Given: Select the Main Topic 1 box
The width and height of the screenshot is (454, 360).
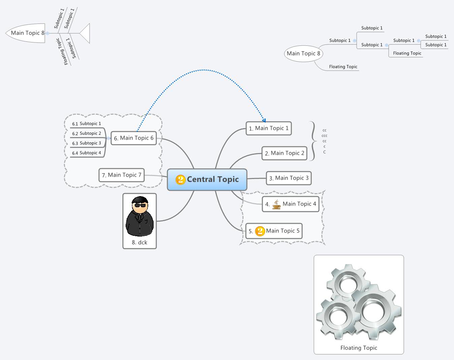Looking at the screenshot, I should click(x=269, y=128).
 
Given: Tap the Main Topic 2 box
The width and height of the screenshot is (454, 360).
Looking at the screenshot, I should click(x=285, y=153).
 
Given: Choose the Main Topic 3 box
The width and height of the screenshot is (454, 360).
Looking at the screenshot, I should click(x=289, y=178).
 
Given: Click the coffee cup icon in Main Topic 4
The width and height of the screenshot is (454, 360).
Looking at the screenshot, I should click(x=276, y=204).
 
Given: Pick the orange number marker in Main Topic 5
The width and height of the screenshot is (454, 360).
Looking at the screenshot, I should click(x=260, y=231).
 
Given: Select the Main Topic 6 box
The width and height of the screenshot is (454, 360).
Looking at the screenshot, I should click(x=134, y=138).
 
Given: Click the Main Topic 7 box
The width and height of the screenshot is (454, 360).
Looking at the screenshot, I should click(x=122, y=175).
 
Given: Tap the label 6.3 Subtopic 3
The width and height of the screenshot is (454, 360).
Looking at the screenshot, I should click(x=87, y=143).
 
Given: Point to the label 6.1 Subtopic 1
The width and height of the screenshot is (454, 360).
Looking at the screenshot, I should click(x=87, y=123).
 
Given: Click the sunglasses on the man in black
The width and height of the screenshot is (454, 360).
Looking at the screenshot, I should click(x=140, y=205).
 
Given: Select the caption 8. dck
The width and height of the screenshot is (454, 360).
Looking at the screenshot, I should click(x=139, y=242).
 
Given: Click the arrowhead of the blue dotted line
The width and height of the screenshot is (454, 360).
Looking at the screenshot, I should click(x=264, y=120).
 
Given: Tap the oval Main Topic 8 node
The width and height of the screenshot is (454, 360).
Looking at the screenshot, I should click(x=303, y=53).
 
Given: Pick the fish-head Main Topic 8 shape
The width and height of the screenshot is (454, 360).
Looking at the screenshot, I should click(x=26, y=33).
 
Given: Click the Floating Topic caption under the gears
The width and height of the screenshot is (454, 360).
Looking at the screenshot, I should click(x=359, y=348).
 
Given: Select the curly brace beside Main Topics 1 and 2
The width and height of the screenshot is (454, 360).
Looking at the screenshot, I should click(x=313, y=141).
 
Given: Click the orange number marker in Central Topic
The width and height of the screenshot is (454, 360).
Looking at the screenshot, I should click(x=181, y=180).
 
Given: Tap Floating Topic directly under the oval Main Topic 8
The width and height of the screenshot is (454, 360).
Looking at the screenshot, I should click(x=343, y=67).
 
